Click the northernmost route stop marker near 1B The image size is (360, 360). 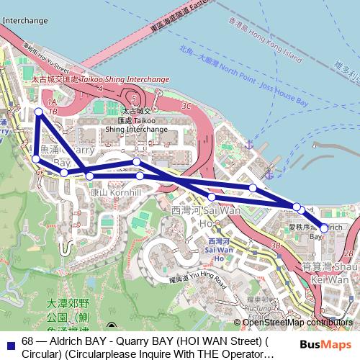point(39,112)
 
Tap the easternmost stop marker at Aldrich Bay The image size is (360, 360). point(323,228)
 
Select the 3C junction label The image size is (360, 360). point(187,106)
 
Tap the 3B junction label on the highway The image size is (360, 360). point(275,246)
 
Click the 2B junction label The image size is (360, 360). point(349,253)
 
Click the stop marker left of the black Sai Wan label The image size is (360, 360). point(212,197)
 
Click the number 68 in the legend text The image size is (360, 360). point(29,341)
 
